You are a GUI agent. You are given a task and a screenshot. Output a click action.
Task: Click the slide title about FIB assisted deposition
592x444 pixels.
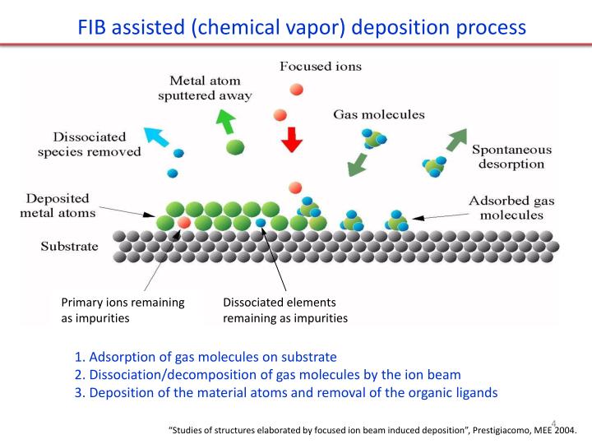302,26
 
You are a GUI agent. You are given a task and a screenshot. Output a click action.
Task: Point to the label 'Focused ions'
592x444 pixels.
320,66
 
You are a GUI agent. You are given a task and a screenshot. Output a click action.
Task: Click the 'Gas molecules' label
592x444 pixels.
378,114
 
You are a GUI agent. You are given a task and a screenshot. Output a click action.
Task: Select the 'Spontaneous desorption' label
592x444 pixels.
511,157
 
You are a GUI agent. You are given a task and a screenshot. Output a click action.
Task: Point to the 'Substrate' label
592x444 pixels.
69,246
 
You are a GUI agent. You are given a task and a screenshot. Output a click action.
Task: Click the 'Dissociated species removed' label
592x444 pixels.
89,144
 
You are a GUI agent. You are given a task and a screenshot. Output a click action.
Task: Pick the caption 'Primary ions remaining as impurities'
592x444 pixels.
123,310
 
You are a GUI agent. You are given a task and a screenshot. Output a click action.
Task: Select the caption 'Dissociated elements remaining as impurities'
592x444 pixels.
285,310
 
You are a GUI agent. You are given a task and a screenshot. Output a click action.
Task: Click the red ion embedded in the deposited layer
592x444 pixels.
184,222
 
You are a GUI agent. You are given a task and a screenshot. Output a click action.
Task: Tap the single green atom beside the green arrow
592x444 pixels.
235,148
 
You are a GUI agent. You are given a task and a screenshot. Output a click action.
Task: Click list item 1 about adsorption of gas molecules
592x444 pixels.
206,357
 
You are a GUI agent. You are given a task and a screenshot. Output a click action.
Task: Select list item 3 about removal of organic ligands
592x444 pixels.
285,392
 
